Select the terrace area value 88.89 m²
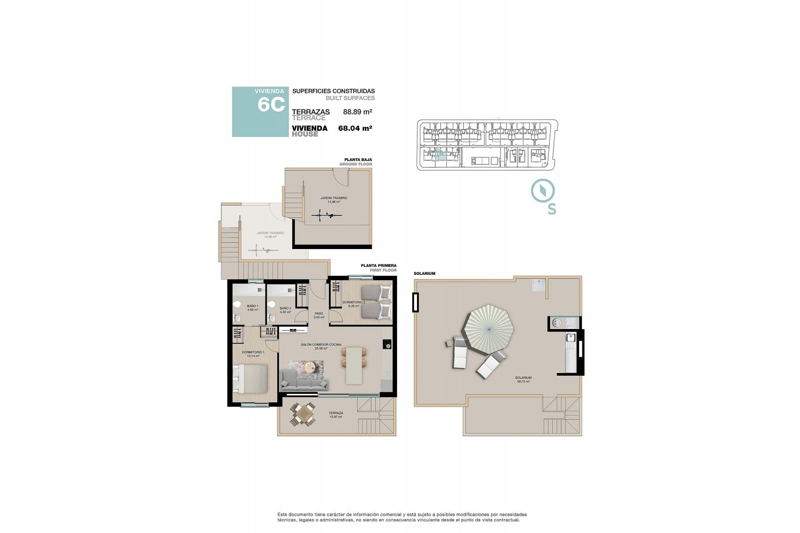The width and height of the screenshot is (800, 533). (357, 112)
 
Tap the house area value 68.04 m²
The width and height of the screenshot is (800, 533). (355, 128)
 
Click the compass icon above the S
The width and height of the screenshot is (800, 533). (543, 191)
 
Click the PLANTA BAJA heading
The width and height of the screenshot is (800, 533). (358, 159)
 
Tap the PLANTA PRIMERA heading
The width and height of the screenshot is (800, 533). (378, 265)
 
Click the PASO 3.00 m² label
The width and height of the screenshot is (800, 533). (319, 315)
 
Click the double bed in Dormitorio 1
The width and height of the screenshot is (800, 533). (250, 378)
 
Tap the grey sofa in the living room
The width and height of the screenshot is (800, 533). (304, 381)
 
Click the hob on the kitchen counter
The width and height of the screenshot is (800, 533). (387, 344)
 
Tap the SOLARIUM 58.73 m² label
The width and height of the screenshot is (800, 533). (524, 379)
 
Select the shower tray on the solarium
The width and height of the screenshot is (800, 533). (539, 284)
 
